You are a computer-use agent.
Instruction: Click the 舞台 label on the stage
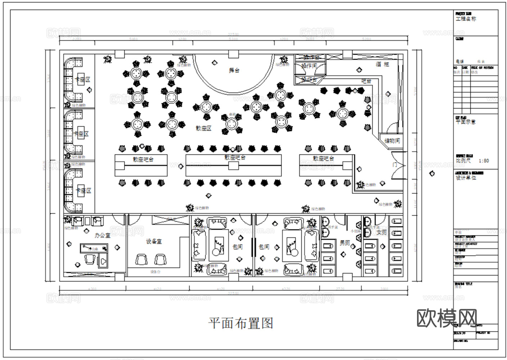point(234,70)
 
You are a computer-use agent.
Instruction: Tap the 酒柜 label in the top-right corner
point(382,64)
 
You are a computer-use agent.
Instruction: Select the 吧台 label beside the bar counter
point(366,81)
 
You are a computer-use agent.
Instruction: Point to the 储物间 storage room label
point(392,141)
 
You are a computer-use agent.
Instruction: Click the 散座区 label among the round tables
point(203,128)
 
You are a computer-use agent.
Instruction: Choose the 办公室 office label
point(103,235)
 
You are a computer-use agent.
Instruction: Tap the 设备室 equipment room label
point(154,241)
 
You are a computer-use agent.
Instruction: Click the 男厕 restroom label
point(345,243)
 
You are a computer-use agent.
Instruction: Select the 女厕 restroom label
point(382,233)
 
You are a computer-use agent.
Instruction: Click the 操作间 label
point(309,66)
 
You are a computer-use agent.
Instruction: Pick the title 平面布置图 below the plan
point(241,323)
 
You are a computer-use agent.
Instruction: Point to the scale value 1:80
point(484,161)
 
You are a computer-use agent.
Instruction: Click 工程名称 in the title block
point(466,19)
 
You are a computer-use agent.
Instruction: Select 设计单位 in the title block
point(466,178)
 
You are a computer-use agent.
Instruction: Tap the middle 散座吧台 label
point(235,158)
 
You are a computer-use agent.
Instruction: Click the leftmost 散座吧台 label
point(143,159)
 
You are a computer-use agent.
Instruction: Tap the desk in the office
point(94,248)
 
